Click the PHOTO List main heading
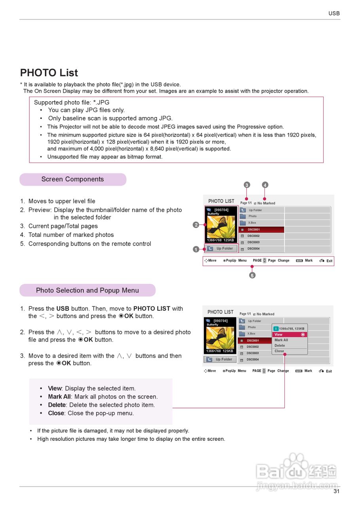[49, 73]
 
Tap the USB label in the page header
[334, 13]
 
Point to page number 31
[336, 491]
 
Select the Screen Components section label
[73, 179]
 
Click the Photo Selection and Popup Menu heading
[87, 291]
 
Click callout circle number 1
[196, 249]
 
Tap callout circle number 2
[196, 225]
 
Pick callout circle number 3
[247, 185]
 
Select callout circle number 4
[265, 185]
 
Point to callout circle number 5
[252, 275]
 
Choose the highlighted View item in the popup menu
[290, 334]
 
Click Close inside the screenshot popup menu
[279, 351]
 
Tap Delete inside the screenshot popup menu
[280, 346]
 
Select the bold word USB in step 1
[63, 309]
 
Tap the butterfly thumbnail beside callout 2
[221, 227]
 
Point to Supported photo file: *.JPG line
[72, 102]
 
